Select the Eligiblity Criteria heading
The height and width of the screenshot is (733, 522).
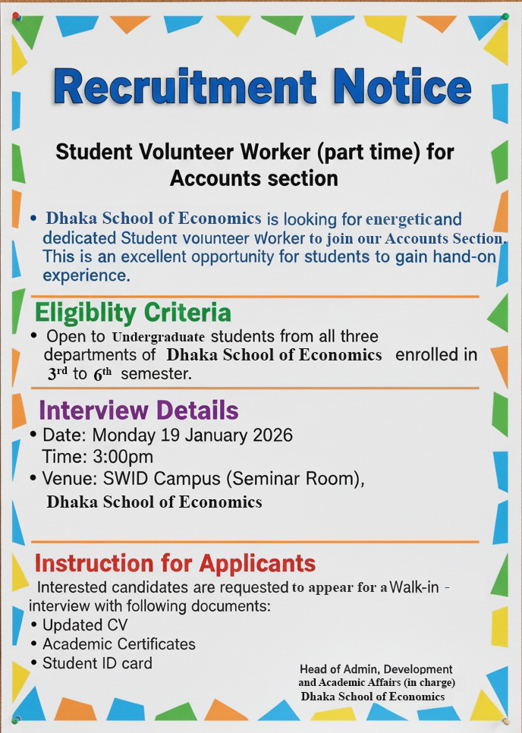[x=133, y=312]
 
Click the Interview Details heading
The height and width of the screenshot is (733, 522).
[x=139, y=411]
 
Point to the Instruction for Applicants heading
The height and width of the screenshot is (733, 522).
[x=175, y=563]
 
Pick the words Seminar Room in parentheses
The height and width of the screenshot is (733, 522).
[x=299, y=479]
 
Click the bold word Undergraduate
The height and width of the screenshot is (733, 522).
[x=159, y=336]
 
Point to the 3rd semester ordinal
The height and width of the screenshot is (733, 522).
[x=58, y=373]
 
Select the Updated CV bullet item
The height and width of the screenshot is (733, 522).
[x=85, y=625]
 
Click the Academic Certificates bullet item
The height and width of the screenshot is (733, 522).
[x=119, y=644]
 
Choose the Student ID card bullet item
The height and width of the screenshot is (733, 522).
[x=97, y=663]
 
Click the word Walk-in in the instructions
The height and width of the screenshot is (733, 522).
[x=414, y=587]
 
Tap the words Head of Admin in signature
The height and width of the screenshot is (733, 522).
[x=338, y=669]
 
